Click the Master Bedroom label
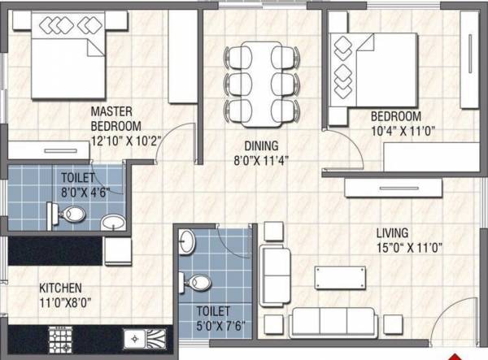115,119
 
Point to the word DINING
260,146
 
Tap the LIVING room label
392,232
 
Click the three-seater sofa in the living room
333,321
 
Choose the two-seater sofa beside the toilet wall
274,273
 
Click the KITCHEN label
60,288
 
